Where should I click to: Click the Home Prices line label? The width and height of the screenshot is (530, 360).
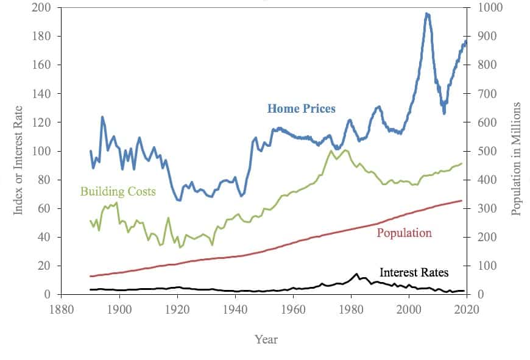click(x=301, y=109)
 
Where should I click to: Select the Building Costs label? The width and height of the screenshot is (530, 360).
click(x=118, y=191)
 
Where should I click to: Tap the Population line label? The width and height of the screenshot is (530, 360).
click(x=404, y=233)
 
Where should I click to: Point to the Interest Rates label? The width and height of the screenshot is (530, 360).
click(x=414, y=272)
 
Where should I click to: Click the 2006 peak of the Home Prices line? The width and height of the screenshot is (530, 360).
click(x=427, y=14)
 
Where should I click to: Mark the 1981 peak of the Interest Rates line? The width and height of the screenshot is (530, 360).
click(x=356, y=274)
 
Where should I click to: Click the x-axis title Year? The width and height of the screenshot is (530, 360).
click(x=266, y=339)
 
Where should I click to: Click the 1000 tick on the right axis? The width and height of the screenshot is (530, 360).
click(x=484, y=8)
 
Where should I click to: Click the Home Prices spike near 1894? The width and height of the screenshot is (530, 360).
click(x=102, y=117)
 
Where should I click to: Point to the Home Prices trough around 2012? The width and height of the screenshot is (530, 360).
click(x=444, y=113)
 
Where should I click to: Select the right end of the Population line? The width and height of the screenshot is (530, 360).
click(x=461, y=200)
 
